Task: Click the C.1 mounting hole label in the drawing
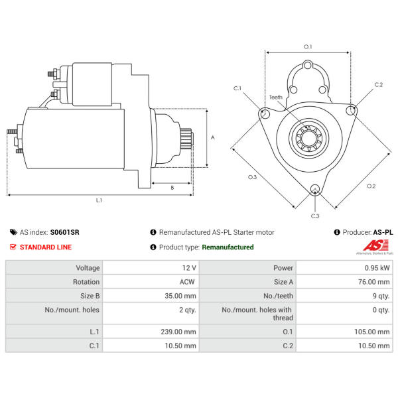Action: [237, 88]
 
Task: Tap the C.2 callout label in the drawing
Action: [379, 84]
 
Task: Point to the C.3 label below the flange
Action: [315, 216]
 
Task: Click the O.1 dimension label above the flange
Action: [308, 46]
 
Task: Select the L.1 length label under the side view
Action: [99, 200]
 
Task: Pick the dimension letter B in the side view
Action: [172, 188]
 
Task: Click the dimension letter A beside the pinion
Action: [213, 138]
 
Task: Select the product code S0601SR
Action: [64, 232]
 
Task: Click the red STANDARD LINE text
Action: [46, 247]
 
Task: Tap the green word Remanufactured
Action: [228, 247]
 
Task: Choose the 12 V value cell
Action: [189, 268]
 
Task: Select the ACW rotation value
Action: [187, 281]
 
